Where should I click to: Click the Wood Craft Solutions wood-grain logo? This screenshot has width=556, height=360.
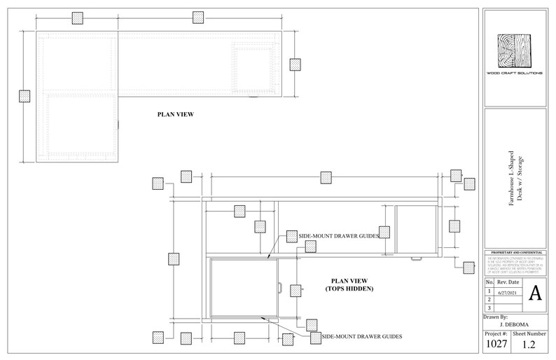pyautogui.click(x=515, y=50)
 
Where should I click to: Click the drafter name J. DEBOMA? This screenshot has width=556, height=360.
pyautogui.click(x=514, y=324)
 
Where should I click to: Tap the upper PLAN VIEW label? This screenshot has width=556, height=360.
pyautogui.click(x=175, y=113)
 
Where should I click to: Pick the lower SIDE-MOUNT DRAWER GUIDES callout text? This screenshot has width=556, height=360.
pyautogui.click(x=361, y=337)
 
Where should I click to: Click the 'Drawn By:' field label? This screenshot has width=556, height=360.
pyautogui.click(x=497, y=317)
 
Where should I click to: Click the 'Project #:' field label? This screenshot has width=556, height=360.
pyautogui.click(x=496, y=335)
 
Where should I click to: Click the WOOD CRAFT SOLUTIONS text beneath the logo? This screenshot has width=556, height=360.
pyautogui.click(x=515, y=73)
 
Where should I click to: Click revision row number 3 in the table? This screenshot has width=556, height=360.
pyautogui.click(x=489, y=307)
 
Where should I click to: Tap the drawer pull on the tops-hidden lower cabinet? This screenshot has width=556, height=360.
pyautogui.click(x=279, y=288)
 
